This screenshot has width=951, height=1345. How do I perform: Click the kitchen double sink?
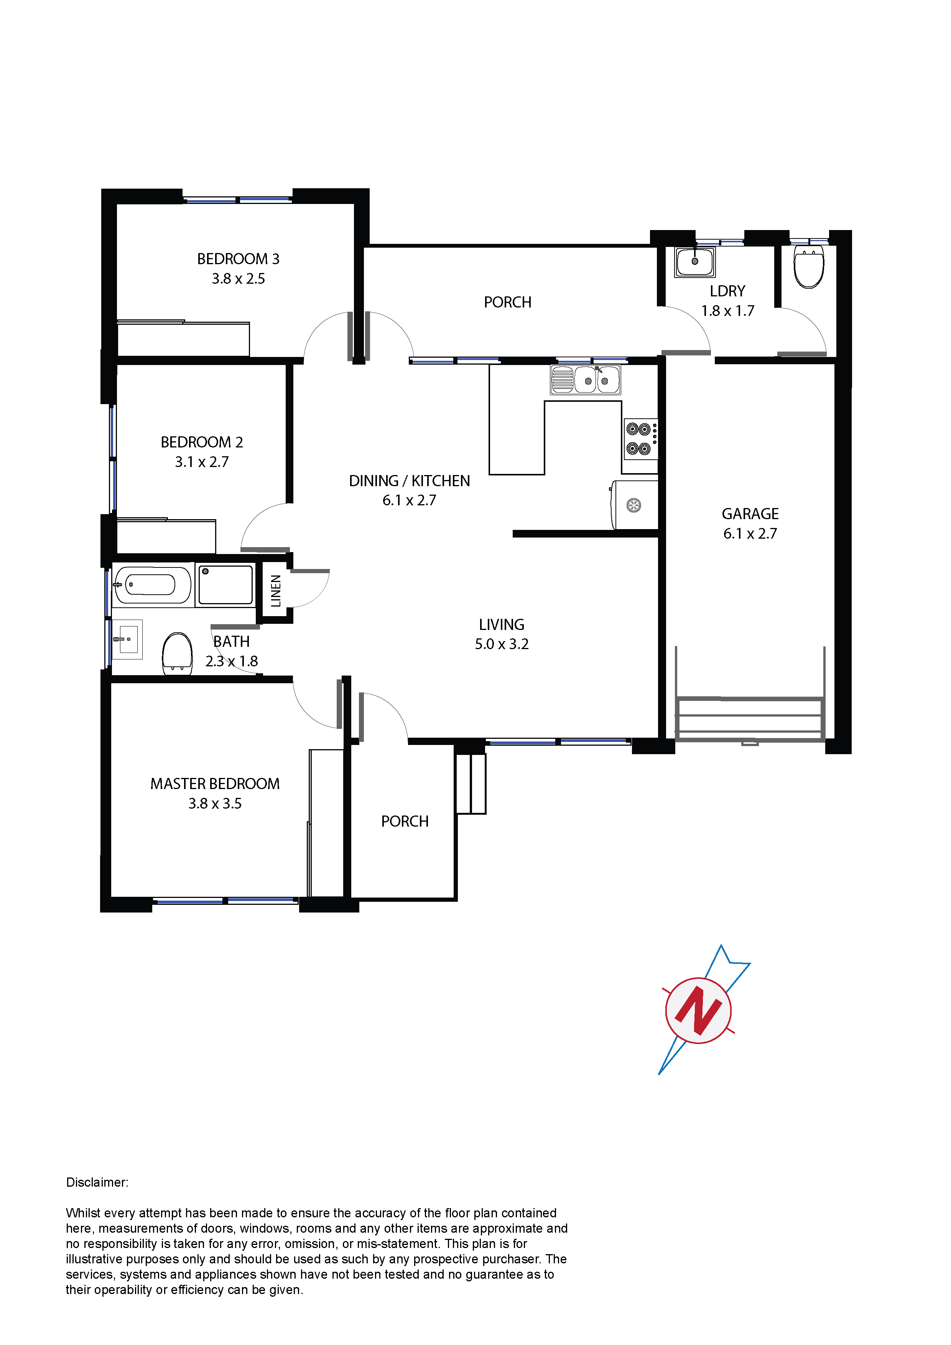585,380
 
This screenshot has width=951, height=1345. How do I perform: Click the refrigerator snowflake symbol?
633,505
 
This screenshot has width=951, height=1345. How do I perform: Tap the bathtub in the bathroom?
152,585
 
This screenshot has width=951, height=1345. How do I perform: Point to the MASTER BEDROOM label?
215,784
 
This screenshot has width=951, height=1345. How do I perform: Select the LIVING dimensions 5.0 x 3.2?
502,645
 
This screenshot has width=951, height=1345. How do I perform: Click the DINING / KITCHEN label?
410,481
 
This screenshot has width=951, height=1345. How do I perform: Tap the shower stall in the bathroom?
225,585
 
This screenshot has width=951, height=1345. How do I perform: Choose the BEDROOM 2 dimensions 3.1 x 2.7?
202,462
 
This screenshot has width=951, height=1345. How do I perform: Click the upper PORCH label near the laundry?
507,302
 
